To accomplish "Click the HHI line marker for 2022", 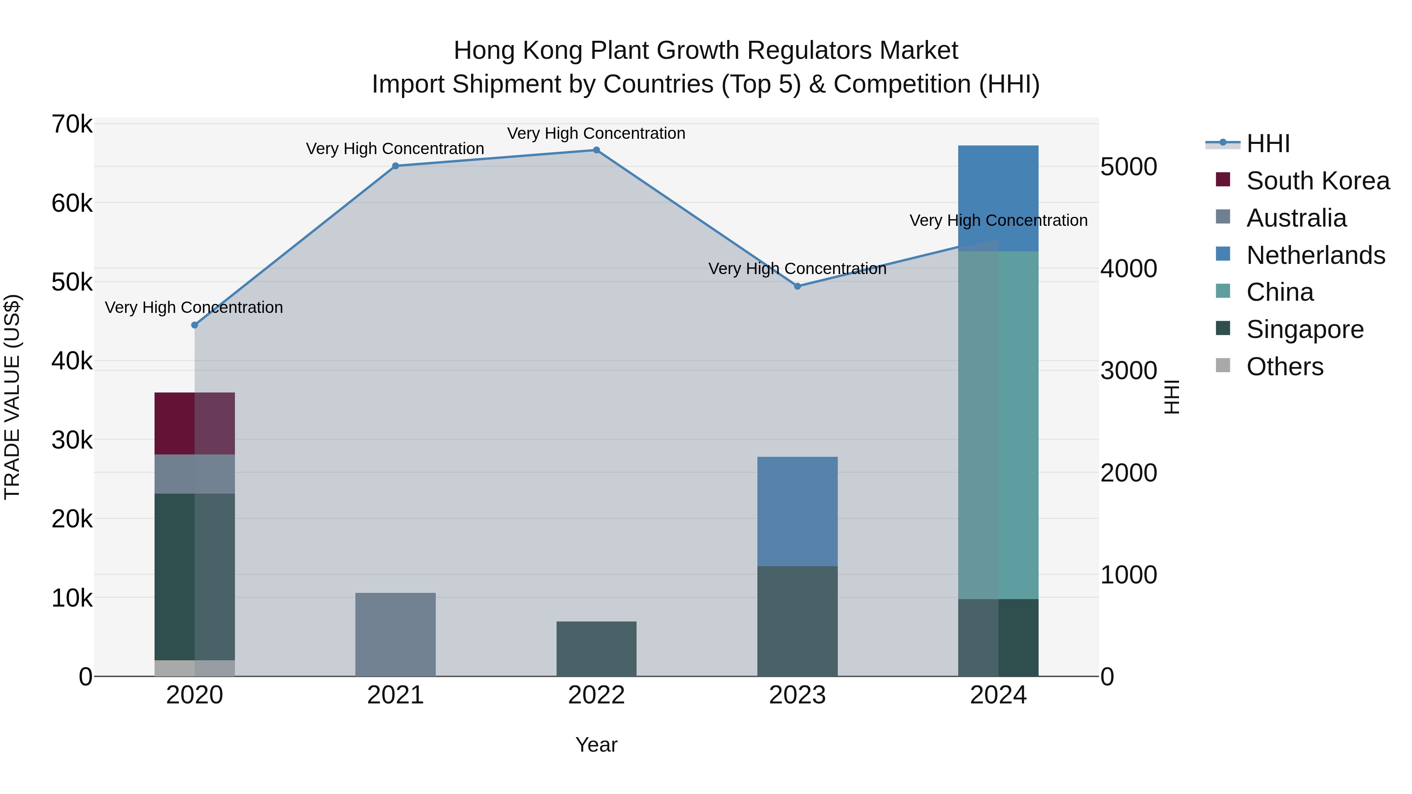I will tap(596, 150).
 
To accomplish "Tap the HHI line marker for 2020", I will tap(195, 325).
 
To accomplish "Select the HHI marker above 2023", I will tap(797, 286).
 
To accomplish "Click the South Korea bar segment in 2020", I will tap(195, 423).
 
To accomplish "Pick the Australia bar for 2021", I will tap(395, 634).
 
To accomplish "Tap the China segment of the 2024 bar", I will tap(998, 425).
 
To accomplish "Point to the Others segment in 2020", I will tap(195, 668).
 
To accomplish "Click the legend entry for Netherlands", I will tap(1316, 255).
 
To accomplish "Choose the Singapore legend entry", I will tap(1305, 329).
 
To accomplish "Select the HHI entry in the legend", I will tap(1268, 144).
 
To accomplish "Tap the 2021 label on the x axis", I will tap(395, 695).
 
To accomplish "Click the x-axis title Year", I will tap(596, 745).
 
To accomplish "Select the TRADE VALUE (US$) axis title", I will tap(12, 397).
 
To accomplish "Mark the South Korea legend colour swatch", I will tap(1223, 180).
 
